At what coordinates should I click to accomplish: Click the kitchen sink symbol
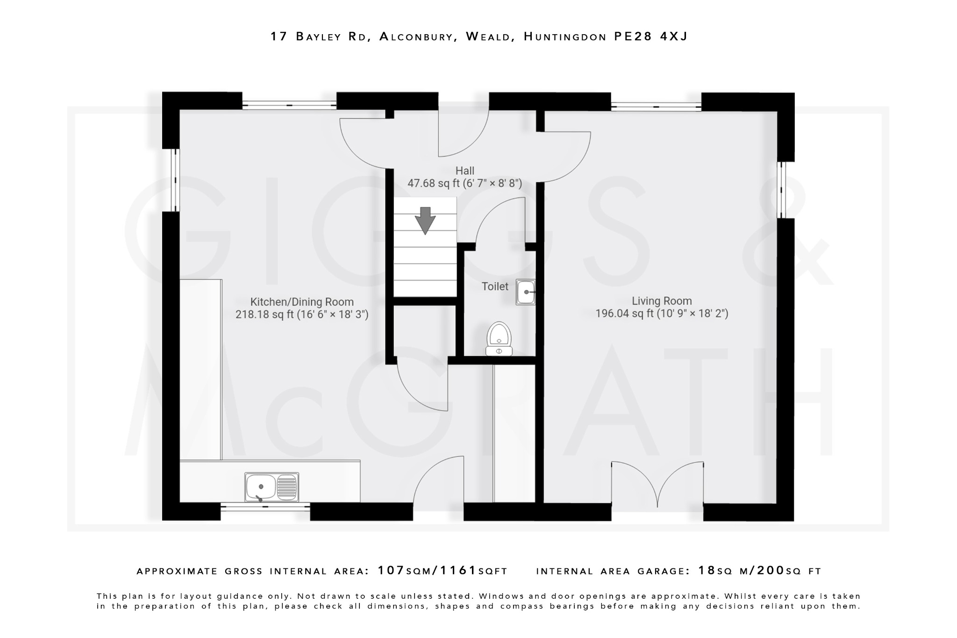point(271,487)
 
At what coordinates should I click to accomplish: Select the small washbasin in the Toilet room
point(525,292)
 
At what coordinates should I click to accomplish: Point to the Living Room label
point(662,301)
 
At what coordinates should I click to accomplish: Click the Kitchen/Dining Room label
point(302,302)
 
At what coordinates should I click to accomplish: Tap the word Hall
point(464,171)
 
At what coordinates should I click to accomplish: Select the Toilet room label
point(495,287)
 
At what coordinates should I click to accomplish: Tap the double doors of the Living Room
point(657,486)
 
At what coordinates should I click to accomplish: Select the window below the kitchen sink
point(265,507)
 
